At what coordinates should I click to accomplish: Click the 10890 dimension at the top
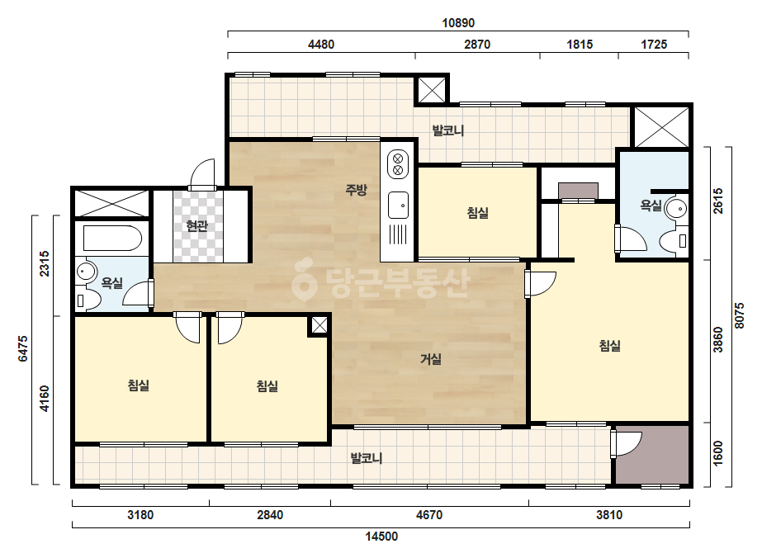click(458, 23)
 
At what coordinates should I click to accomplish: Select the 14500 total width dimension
click(381, 537)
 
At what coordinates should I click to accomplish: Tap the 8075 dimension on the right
click(739, 316)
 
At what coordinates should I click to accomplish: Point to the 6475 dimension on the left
click(23, 349)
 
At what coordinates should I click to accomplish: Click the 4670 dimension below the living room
click(429, 515)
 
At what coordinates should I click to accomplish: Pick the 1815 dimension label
click(580, 45)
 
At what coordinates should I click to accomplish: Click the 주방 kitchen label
click(356, 190)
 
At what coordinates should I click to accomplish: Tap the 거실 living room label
click(431, 359)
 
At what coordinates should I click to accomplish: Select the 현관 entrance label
click(196, 225)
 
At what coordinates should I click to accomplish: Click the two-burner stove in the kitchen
click(398, 164)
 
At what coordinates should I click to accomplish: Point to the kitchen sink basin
click(398, 205)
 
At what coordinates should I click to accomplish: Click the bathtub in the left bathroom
click(112, 239)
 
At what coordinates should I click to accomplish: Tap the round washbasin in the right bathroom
click(675, 209)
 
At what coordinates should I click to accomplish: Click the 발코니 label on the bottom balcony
click(367, 458)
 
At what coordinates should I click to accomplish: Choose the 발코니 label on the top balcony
click(448, 130)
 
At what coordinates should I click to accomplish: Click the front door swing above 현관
click(202, 173)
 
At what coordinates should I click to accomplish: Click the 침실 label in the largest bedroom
click(609, 346)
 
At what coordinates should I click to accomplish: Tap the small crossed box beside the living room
click(319, 326)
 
